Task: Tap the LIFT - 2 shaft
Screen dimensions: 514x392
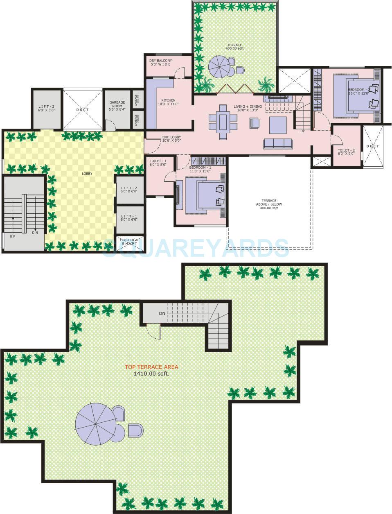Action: pyautogui.click(x=129, y=189)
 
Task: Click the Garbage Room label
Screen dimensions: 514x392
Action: pyautogui.click(x=117, y=106)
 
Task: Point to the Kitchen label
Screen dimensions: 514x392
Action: pyautogui.click(x=168, y=100)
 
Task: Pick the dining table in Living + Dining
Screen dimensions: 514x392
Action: pyautogui.click(x=223, y=122)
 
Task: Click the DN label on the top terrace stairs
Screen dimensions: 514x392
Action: pyautogui.click(x=162, y=314)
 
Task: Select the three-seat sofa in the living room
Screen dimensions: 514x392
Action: pyautogui.click(x=278, y=143)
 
